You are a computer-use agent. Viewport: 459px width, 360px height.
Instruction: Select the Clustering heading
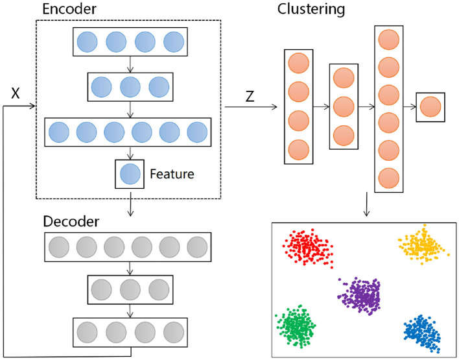point(311,10)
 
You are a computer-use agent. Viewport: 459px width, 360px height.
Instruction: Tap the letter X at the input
point(16,93)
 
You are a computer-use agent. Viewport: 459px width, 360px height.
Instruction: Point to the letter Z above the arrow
point(250,97)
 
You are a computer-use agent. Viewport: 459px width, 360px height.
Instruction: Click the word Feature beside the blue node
point(172,174)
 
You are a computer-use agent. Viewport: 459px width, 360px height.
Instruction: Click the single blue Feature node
point(130,173)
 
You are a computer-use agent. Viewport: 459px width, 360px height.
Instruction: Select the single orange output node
point(430,106)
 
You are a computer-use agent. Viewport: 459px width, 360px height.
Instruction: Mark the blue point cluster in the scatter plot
point(422,332)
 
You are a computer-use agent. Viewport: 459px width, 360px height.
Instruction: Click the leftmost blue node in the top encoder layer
point(88,42)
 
